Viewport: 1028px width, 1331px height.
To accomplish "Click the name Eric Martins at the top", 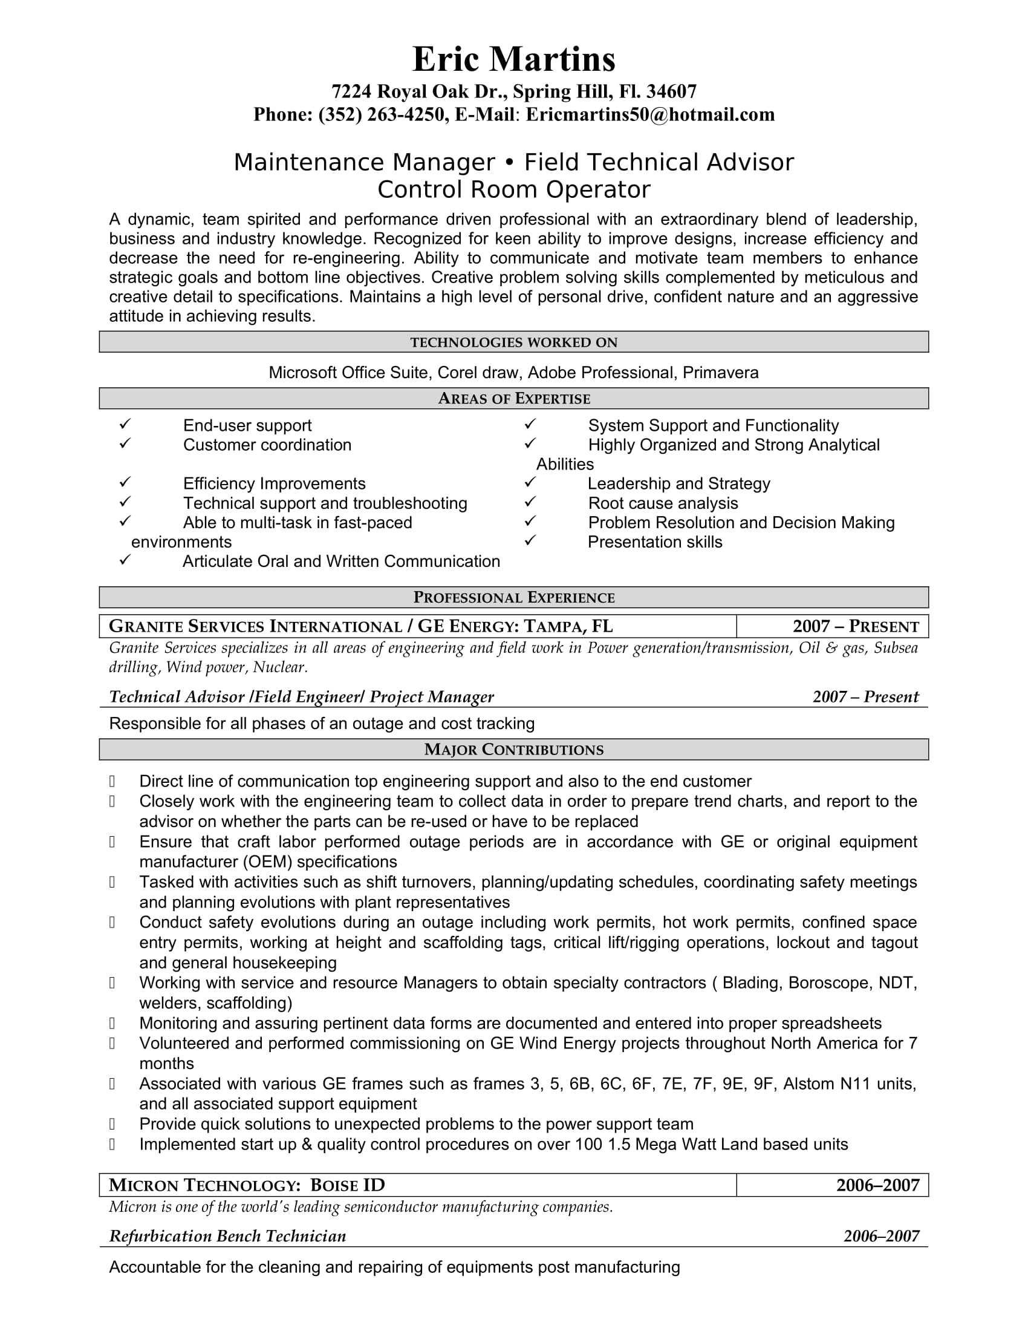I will tap(513, 60).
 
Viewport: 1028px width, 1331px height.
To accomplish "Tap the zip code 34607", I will tap(671, 91).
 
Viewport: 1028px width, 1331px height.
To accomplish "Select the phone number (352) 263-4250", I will tap(382, 114).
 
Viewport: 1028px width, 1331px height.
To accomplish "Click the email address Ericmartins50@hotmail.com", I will tap(650, 114).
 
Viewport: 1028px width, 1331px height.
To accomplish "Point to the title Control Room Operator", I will tap(513, 189).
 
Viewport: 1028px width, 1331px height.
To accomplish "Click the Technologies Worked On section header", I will tap(513, 342).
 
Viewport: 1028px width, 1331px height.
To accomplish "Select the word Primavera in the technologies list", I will tap(720, 372).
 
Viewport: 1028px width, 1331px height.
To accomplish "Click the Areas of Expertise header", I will tap(513, 399).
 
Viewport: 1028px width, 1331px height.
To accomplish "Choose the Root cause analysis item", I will tap(663, 503).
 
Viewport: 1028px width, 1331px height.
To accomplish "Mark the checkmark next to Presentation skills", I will tap(530, 540).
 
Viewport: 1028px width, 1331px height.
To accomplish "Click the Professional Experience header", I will tap(513, 597).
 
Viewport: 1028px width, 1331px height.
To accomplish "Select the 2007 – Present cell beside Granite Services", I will tap(856, 627).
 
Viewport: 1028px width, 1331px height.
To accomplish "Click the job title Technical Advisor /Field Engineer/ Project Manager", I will tap(302, 696).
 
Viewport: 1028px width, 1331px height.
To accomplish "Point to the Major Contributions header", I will tap(513, 750).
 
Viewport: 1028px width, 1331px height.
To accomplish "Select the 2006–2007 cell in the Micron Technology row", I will tap(877, 1185).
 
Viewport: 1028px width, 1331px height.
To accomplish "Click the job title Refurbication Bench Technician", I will tap(228, 1236).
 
